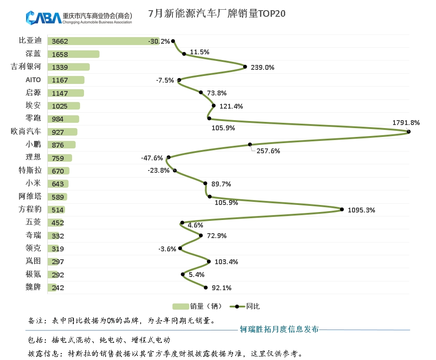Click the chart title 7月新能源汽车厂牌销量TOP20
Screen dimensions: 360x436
tap(217, 13)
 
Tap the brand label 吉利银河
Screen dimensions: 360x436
tap(26, 67)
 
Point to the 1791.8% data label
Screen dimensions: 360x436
tap(406, 123)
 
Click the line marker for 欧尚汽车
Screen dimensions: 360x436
tap(409, 132)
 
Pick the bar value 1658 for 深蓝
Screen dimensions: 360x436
tap(60, 54)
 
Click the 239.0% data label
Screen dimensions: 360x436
tap(262, 68)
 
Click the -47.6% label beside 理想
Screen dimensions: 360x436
tap(152, 158)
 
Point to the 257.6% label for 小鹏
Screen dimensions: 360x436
tap(268, 151)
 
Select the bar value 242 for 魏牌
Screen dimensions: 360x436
tap(58, 288)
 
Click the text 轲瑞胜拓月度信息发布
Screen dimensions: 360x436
tap(279, 329)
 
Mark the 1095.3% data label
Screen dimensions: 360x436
tap(361, 210)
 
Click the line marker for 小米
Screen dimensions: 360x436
tap(205, 183)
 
